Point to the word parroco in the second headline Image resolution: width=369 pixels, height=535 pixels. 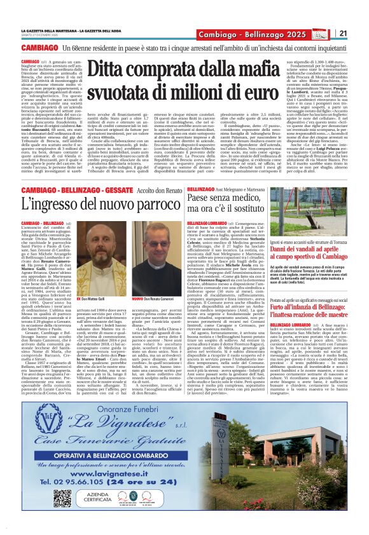click(x=143, y=205)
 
